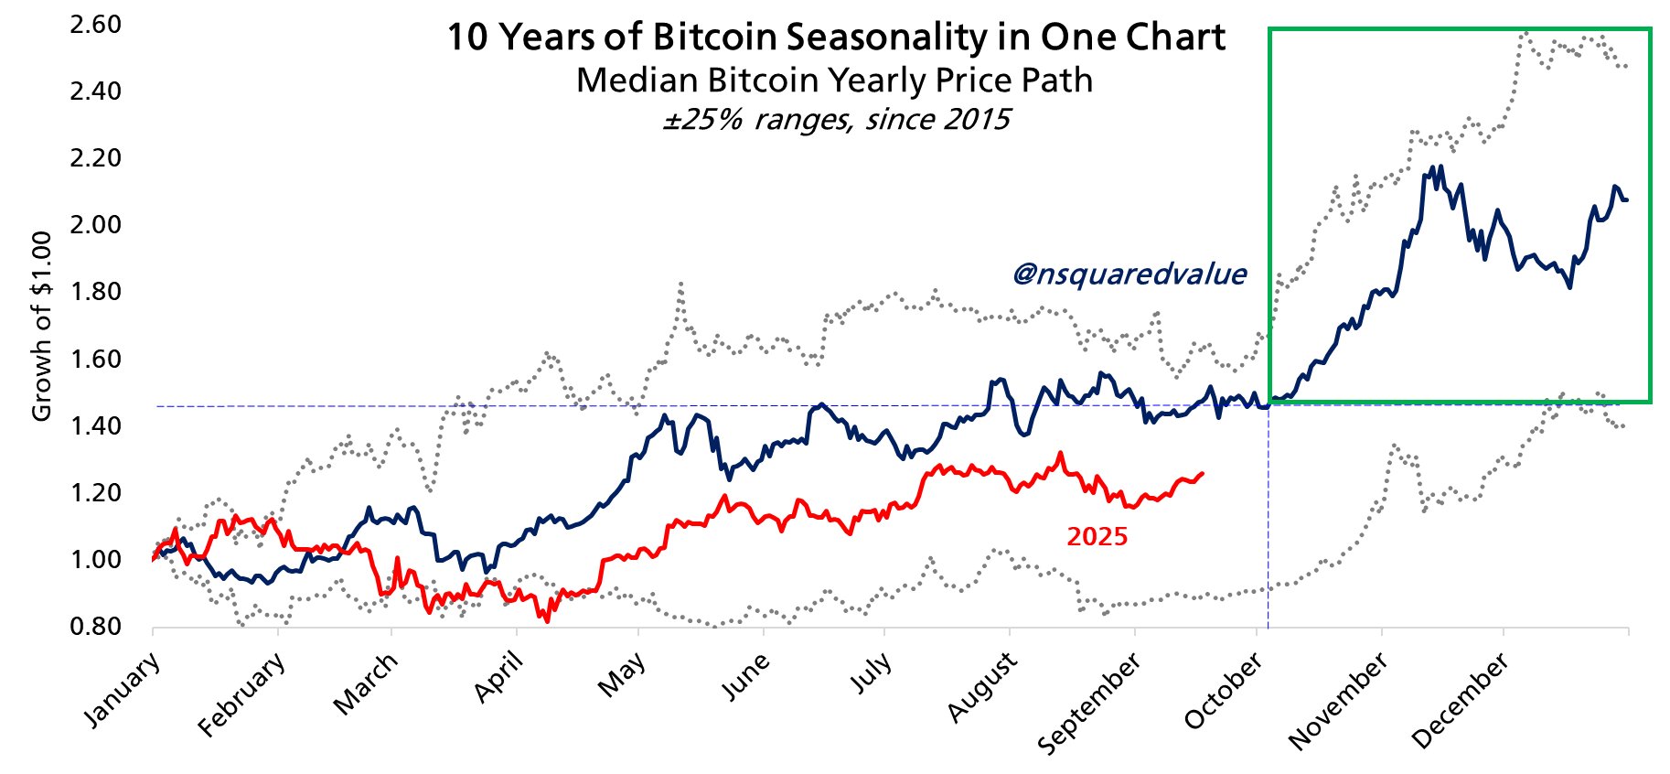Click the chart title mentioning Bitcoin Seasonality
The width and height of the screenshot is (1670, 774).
pyautogui.click(x=835, y=38)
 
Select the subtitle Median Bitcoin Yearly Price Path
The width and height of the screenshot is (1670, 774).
pyautogui.click(x=834, y=81)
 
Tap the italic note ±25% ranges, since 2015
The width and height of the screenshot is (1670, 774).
pyautogui.click(x=836, y=120)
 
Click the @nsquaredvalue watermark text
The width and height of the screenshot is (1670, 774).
pyautogui.click(x=1129, y=274)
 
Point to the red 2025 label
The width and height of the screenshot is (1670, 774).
pyautogui.click(x=1097, y=536)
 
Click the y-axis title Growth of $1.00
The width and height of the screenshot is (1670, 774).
pyautogui.click(x=41, y=327)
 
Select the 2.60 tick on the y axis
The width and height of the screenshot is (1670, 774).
pyautogui.click(x=95, y=24)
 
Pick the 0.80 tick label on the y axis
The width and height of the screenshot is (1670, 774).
pyautogui.click(x=95, y=627)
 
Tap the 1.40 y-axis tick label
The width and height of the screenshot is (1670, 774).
pyautogui.click(x=95, y=425)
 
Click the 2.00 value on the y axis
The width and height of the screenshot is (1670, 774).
pyautogui.click(x=95, y=225)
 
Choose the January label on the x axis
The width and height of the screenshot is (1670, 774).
pyautogui.click(x=123, y=690)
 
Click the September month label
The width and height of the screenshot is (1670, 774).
pyautogui.click(x=1089, y=704)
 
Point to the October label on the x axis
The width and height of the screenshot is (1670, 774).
pyautogui.click(x=1224, y=692)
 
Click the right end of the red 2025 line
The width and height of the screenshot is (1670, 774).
pyautogui.click(x=1202, y=473)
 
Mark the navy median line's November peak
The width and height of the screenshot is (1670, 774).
pyautogui.click(x=1440, y=167)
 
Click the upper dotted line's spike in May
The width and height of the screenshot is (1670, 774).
pyautogui.click(x=680, y=285)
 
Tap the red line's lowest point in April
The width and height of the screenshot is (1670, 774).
pyautogui.click(x=547, y=621)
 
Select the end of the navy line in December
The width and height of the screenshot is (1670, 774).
pyautogui.click(x=1626, y=199)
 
